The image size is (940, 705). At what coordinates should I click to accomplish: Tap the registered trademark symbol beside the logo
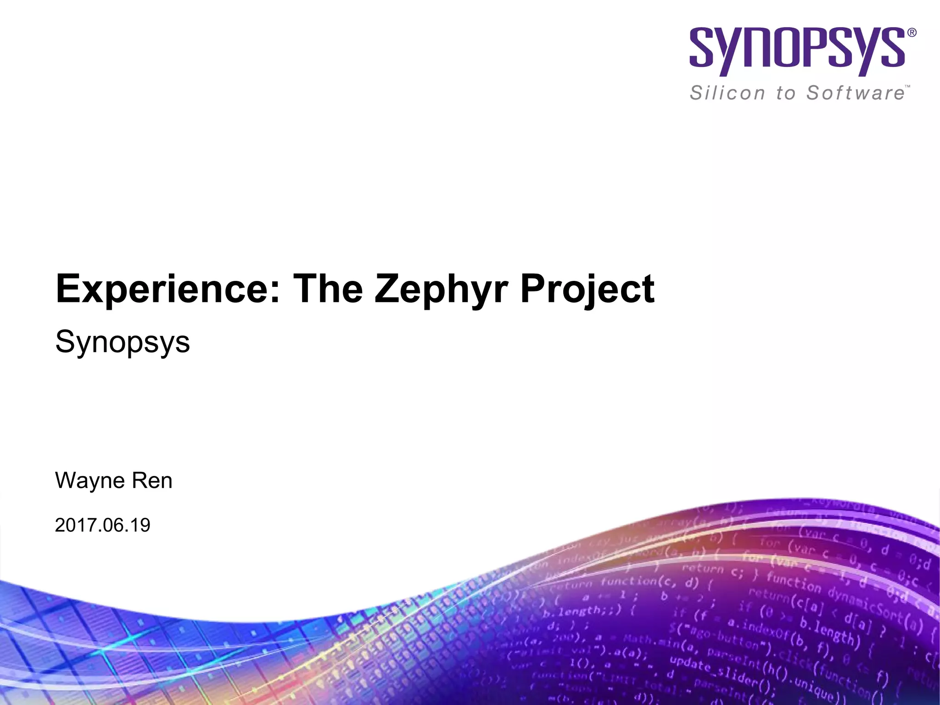tap(912, 33)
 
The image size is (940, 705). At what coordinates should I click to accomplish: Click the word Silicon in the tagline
tap(727, 93)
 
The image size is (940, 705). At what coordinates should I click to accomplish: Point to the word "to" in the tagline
tap(785, 93)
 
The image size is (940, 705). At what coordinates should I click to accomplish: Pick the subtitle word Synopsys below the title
tap(123, 342)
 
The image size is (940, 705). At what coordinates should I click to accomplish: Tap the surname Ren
tap(152, 481)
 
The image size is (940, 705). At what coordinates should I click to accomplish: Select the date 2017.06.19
tap(102, 525)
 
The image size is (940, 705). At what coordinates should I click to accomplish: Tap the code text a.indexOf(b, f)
tap(775, 635)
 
